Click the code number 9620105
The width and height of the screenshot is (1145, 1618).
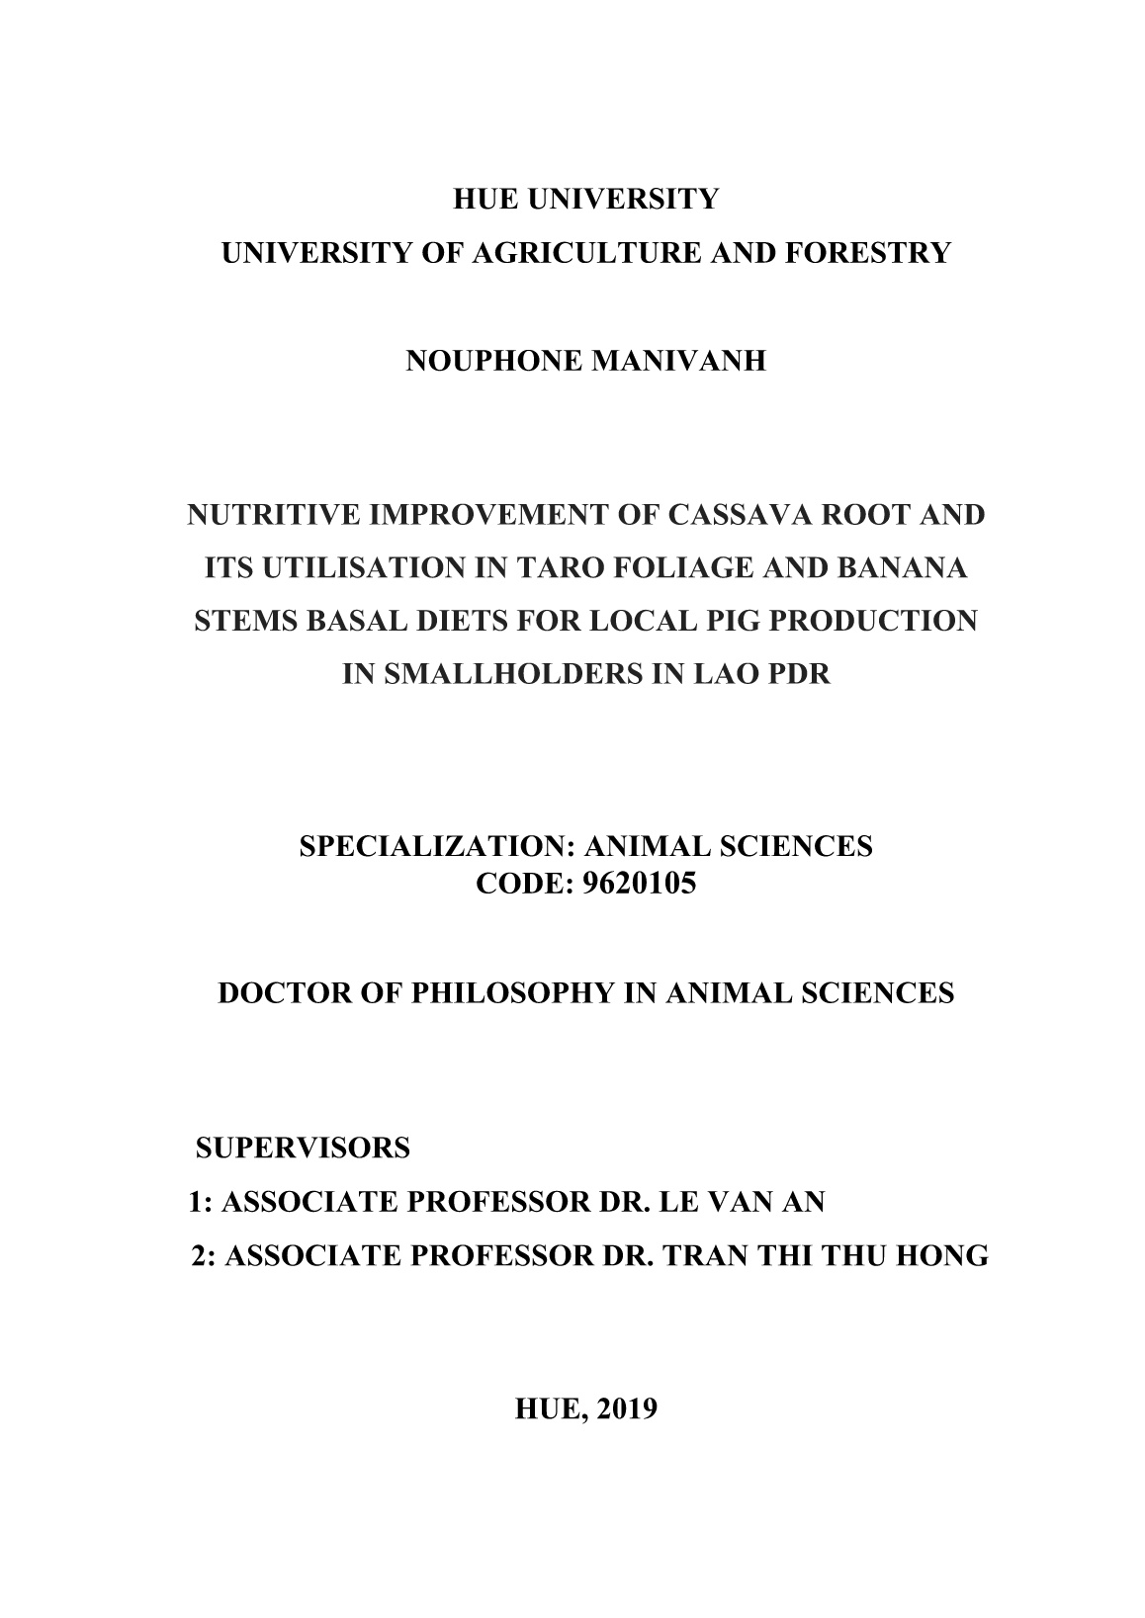[641, 884]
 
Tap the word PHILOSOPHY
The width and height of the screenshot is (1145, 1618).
[515, 992]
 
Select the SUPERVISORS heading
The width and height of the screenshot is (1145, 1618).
[303, 1149]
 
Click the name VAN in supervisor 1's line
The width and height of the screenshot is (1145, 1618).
[740, 1202]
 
